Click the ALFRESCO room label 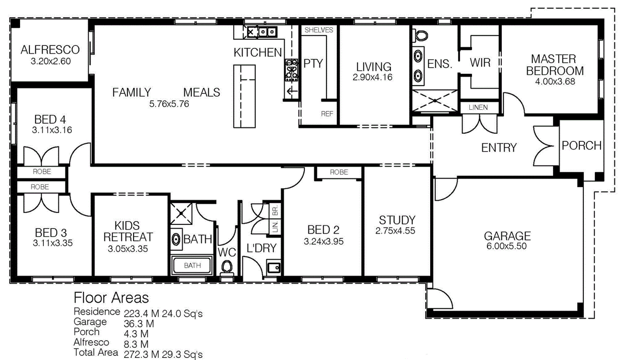pyautogui.click(x=50, y=50)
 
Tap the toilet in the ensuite pyautogui.click(x=420, y=36)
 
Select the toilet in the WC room pyautogui.click(x=227, y=267)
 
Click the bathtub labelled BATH pyautogui.click(x=192, y=265)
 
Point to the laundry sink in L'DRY pyautogui.click(x=274, y=267)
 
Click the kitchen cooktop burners pyautogui.click(x=291, y=70)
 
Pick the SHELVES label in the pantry pyautogui.click(x=319, y=30)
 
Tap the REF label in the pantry pyautogui.click(x=327, y=113)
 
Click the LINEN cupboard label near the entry pyautogui.click(x=478, y=107)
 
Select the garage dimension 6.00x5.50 pyautogui.click(x=507, y=246)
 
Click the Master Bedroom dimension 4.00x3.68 pyautogui.click(x=555, y=81)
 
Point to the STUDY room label pyautogui.click(x=397, y=220)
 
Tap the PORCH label pyautogui.click(x=581, y=145)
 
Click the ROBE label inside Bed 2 pyautogui.click(x=339, y=172)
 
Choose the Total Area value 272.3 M pyautogui.click(x=141, y=354)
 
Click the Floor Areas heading pyautogui.click(x=111, y=298)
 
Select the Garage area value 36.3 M pyautogui.click(x=139, y=323)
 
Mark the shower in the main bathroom pyautogui.click(x=181, y=214)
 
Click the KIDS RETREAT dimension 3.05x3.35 pyautogui.click(x=128, y=249)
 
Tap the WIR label pyautogui.click(x=480, y=62)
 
